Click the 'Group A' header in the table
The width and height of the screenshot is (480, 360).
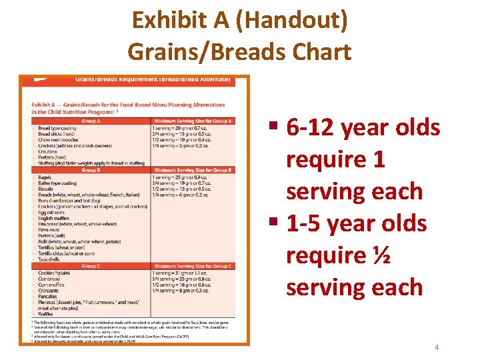[x=90, y=121]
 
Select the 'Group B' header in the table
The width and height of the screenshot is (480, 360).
[x=90, y=170]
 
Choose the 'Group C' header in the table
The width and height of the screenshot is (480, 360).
[x=90, y=266]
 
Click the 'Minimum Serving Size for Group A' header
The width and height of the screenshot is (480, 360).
[x=193, y=121]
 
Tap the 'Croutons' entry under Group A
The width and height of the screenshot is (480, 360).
[x=49, y=151]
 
